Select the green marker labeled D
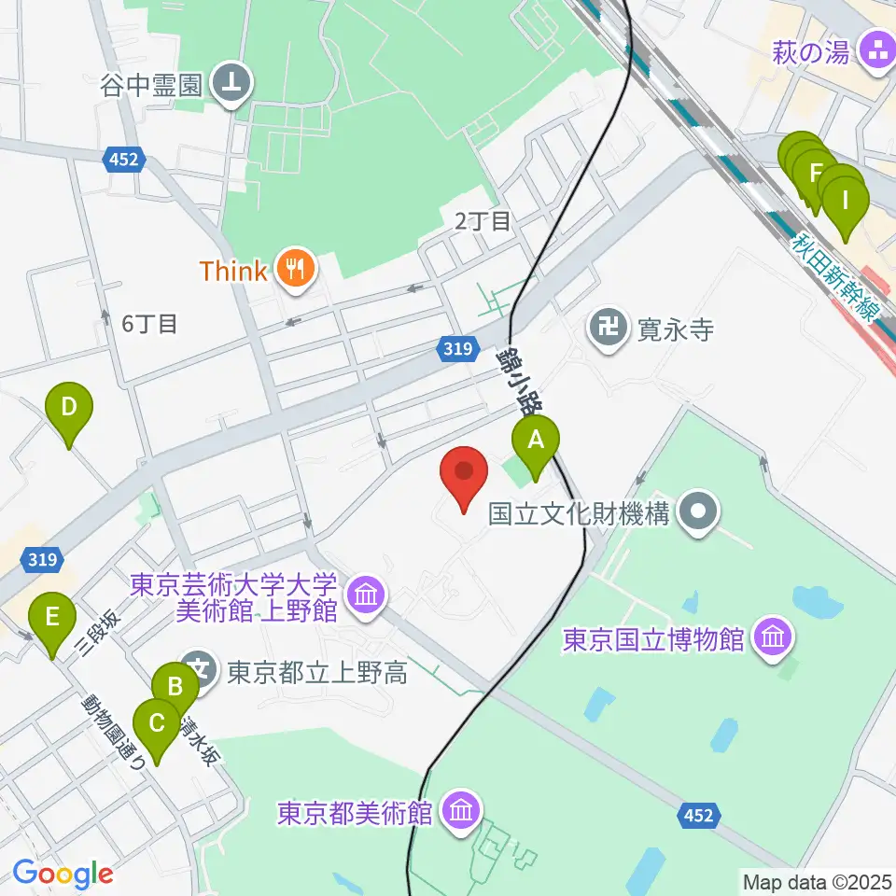[69, 411]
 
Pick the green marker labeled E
[52, 621]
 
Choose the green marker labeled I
[846, 204]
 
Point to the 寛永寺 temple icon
[609, 329]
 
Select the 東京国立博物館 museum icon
[774, 639]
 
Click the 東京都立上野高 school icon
[199, 670]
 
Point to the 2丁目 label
[483, 221]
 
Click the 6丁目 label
[149, 324]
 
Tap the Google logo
[62, 875]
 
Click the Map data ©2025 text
[816, 880]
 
